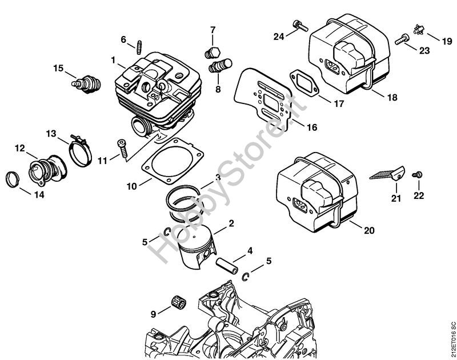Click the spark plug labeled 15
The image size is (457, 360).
click(86, 84)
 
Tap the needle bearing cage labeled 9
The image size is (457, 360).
click(178, 306)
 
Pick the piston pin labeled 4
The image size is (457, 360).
click(227, 265)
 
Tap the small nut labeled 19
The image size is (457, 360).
click(418, 30)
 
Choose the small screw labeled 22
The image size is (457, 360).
click(417, 175)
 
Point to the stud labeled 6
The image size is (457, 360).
click(139, 47)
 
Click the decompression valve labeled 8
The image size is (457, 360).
click(220, 66)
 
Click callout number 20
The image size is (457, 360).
click(369, 231)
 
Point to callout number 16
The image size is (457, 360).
click(311, 127)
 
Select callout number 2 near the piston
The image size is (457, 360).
click(231, 223)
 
